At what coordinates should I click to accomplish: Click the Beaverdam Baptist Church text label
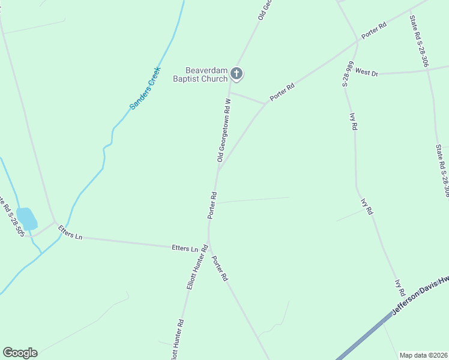point(200,74)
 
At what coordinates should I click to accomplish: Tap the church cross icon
point(237,74)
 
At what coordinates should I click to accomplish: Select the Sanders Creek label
point(145,88)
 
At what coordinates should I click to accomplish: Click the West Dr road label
point(366,72)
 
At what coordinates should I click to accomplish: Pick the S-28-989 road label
point(348,74)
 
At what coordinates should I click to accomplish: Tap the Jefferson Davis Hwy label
point(420,296)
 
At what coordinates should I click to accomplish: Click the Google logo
point(20,353)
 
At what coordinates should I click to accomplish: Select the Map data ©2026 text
point(423,355)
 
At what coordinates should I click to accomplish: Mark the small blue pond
point(26,218)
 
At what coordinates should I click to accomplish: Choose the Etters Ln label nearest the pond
point(70,232)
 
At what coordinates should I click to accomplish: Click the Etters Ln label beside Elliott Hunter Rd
point(185,248)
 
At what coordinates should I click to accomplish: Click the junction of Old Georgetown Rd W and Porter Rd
point(218,170)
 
